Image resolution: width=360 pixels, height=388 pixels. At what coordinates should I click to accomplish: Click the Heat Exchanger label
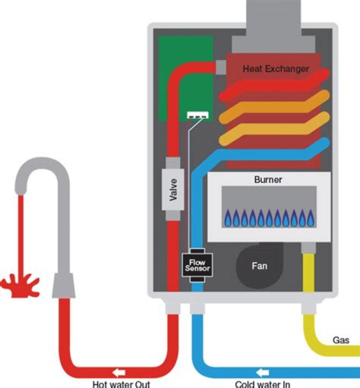pos(276,68)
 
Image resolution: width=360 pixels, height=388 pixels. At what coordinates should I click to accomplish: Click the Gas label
pos(341,340)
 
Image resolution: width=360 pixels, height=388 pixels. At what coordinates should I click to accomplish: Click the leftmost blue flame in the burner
pos(227,218)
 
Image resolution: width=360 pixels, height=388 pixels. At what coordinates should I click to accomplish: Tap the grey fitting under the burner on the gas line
pos(307,247)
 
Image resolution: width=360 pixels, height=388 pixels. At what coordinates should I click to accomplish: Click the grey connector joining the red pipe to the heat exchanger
pos(220,66)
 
